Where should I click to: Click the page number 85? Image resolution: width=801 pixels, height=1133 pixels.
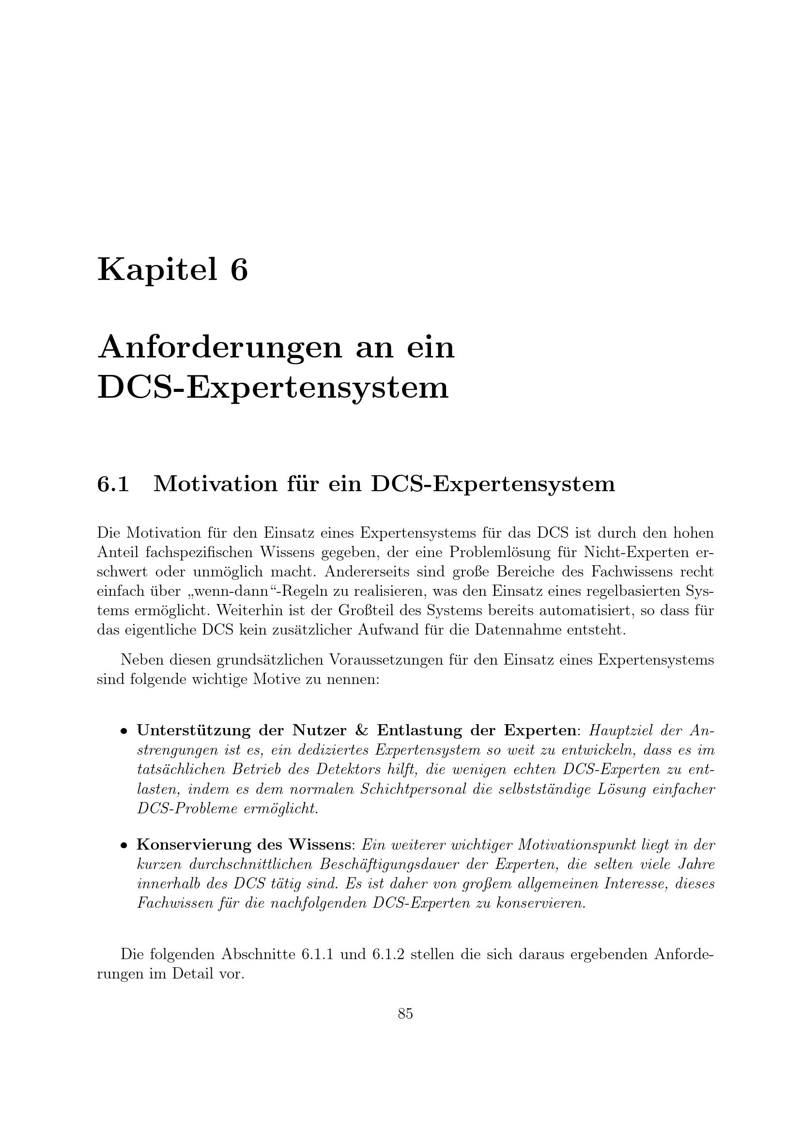405,1013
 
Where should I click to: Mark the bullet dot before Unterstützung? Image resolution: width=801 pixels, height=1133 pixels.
124,731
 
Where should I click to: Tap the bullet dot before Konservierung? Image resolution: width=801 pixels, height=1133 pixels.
124,846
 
